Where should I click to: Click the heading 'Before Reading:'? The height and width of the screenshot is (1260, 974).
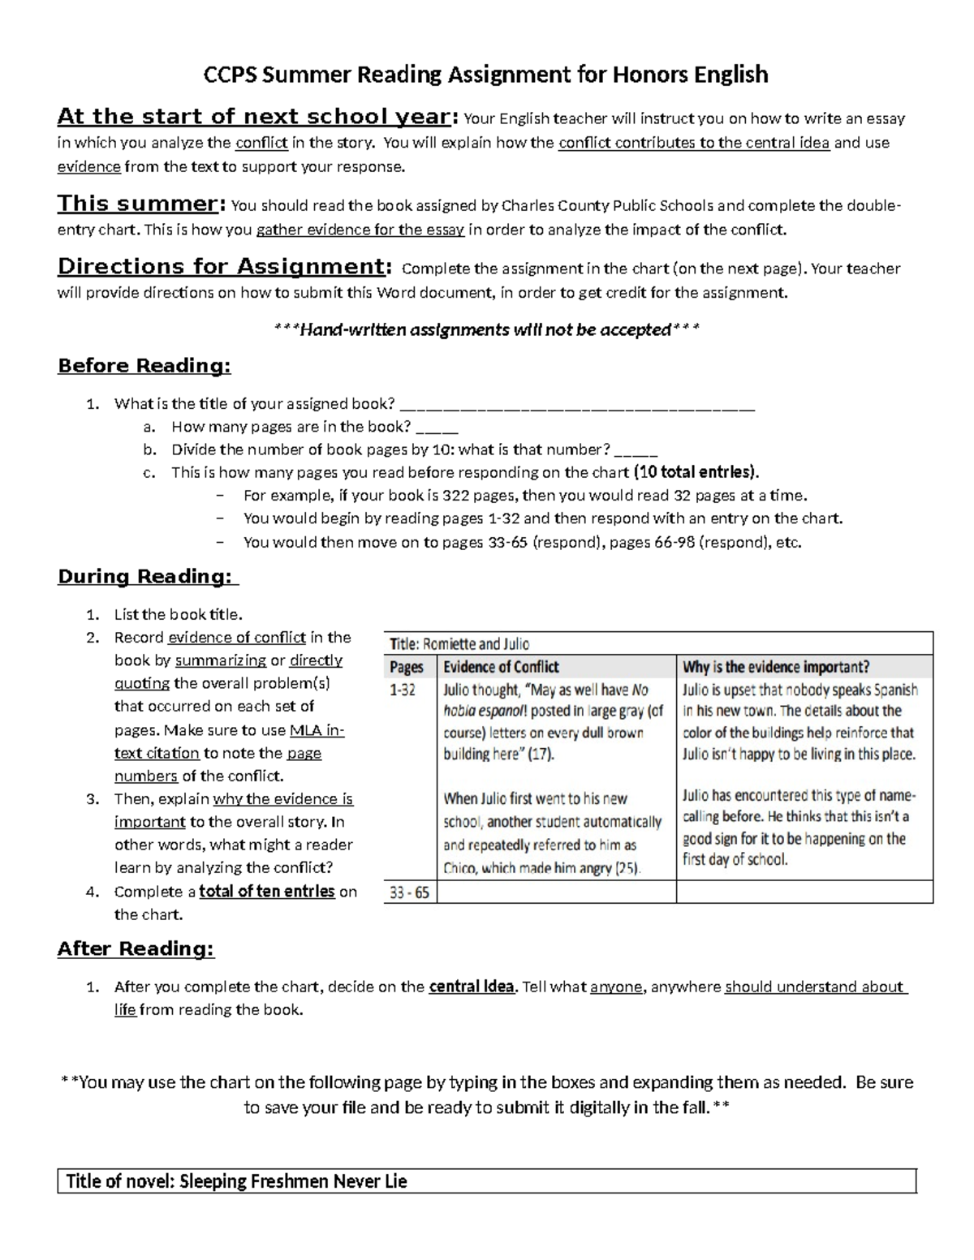pos(144,366)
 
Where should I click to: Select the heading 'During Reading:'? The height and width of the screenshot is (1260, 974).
pos(148,577)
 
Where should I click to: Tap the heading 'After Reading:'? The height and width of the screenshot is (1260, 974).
pos(136,948)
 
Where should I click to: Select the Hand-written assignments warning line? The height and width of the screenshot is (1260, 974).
pos(486,329)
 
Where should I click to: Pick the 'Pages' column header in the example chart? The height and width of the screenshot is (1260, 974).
pos(407,667)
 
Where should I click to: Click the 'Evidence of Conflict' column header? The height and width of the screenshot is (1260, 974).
pos(501,667)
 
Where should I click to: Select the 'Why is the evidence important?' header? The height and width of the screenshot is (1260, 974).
pos(776,667)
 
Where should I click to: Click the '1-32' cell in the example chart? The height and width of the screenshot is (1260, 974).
pos(403,690)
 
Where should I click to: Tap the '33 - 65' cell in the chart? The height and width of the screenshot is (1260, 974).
pos(409,892)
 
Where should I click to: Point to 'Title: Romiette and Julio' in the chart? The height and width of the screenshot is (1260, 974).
pos(459,644)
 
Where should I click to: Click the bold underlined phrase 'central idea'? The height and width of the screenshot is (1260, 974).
pos(471,987)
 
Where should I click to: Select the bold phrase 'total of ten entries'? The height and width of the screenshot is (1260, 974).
pos(267,891)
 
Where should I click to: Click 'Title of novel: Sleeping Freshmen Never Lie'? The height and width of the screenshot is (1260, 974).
pos(236,1181)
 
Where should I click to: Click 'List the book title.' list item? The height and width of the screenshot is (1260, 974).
pos(179,614)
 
